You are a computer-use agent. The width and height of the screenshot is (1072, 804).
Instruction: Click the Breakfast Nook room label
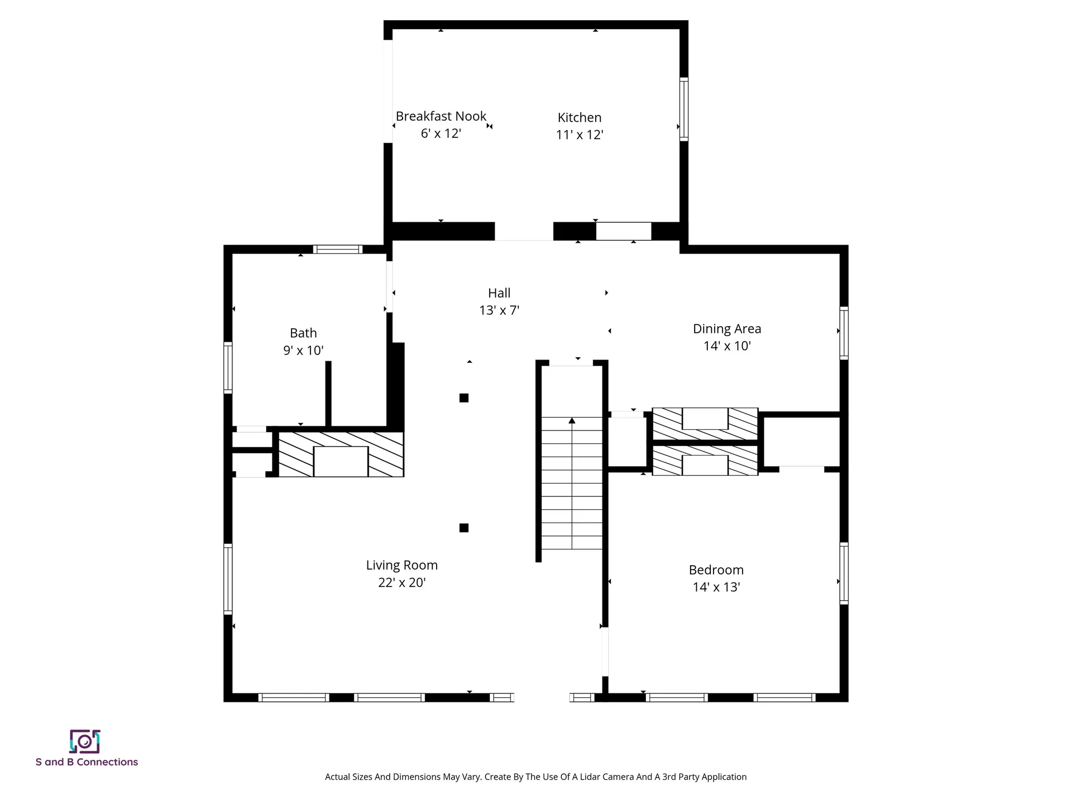tap(441, 116)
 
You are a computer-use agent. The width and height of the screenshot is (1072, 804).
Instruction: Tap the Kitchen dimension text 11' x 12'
tap(580, 135)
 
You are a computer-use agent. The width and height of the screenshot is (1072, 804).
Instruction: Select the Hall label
tap(499, 293)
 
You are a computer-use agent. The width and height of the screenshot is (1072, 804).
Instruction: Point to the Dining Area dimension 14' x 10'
tap(727, 346)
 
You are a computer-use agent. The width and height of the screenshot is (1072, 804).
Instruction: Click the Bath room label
tap(303, 333)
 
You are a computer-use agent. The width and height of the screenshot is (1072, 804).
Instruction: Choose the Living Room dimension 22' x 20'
tap(401, 582)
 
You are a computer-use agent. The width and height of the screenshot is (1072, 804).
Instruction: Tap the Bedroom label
tap(716, 569)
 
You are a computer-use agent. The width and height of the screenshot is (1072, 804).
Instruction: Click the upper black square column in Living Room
tap(463, 398)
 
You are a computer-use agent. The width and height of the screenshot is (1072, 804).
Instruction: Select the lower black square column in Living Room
tap(463, 528)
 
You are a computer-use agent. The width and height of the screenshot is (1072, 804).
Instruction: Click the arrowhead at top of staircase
tap(572, 420)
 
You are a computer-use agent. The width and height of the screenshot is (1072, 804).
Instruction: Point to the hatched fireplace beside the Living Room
tap(341, 454)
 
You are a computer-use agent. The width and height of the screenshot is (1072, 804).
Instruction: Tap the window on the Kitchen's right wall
tap(683, 109)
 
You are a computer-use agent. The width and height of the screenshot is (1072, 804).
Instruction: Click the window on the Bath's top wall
tap(337, 250)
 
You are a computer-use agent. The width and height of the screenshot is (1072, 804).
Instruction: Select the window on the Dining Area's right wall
tap(844, 333)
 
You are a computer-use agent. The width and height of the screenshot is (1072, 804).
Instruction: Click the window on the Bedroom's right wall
tap(844, 573)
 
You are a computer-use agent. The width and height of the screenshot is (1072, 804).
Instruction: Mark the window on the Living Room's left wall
tap(228, 579)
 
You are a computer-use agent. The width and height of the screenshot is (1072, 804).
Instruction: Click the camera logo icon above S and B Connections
tap(85, 741)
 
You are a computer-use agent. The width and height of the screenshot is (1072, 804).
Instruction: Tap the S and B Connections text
tap(87, 762)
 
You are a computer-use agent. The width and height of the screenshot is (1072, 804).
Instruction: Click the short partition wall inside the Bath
tap(328, 394)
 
